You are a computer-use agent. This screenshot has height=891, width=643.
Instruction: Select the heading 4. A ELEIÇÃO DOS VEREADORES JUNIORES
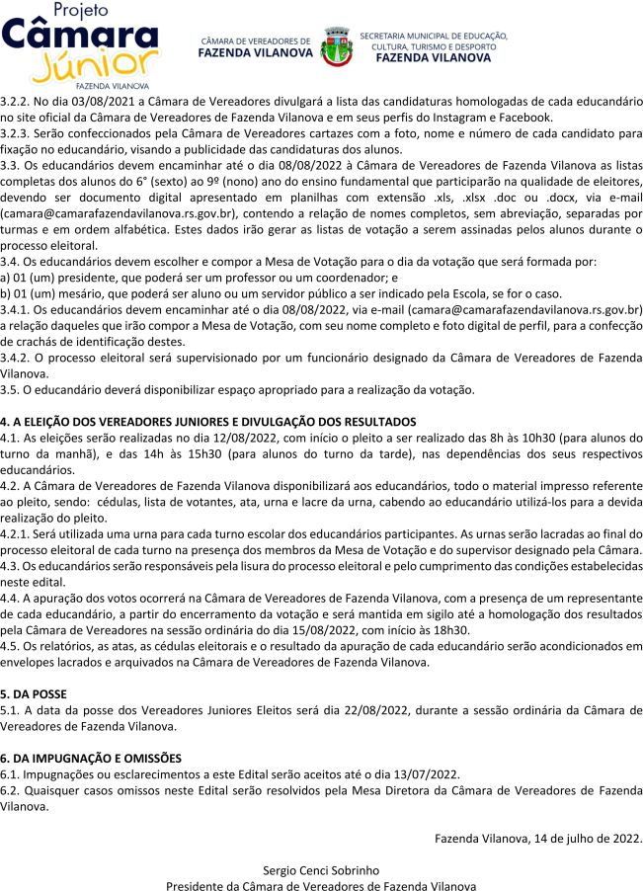click(x=208, y=422)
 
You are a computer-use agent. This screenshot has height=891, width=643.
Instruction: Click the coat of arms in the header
click(x=335, y=47)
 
